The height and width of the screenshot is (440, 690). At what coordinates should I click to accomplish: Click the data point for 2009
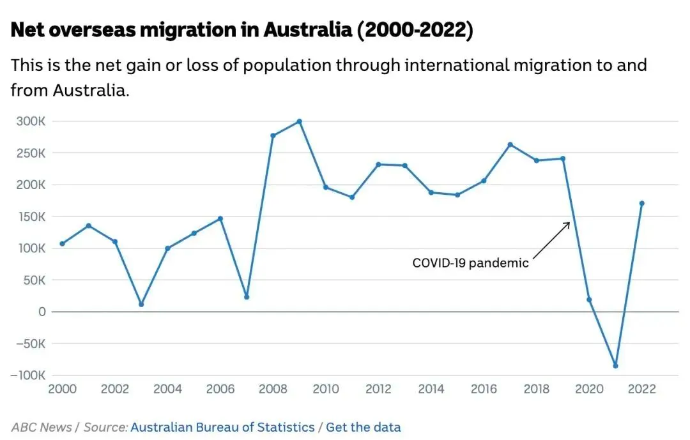(299, 121)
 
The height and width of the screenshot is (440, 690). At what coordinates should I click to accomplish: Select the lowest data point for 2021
(615, 365)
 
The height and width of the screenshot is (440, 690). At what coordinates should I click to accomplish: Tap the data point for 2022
(641, 203)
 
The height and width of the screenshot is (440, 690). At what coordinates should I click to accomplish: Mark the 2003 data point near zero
(141, 304)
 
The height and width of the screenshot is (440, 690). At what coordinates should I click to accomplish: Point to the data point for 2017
(510, 144)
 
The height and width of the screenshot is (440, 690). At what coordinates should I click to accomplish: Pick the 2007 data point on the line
(247, 297)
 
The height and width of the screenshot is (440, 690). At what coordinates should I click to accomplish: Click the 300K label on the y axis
(31, 121)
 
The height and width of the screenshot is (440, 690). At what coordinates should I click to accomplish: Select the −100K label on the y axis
(28, 375)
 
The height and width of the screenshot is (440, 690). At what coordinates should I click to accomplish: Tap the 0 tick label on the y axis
(42, 312)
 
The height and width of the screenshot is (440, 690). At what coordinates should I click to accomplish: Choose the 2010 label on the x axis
(325, 390)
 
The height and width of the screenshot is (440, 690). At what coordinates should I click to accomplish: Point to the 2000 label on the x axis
(62, 390)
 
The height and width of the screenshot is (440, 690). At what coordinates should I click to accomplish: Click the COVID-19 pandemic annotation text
(470, 262)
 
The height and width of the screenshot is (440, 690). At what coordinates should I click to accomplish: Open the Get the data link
(364, 427)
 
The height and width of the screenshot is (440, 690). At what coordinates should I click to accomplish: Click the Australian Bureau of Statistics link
(222, 427)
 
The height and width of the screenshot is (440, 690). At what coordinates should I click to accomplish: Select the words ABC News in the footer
(42, 427)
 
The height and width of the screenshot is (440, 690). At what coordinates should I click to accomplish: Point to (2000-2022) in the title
(416, 31)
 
